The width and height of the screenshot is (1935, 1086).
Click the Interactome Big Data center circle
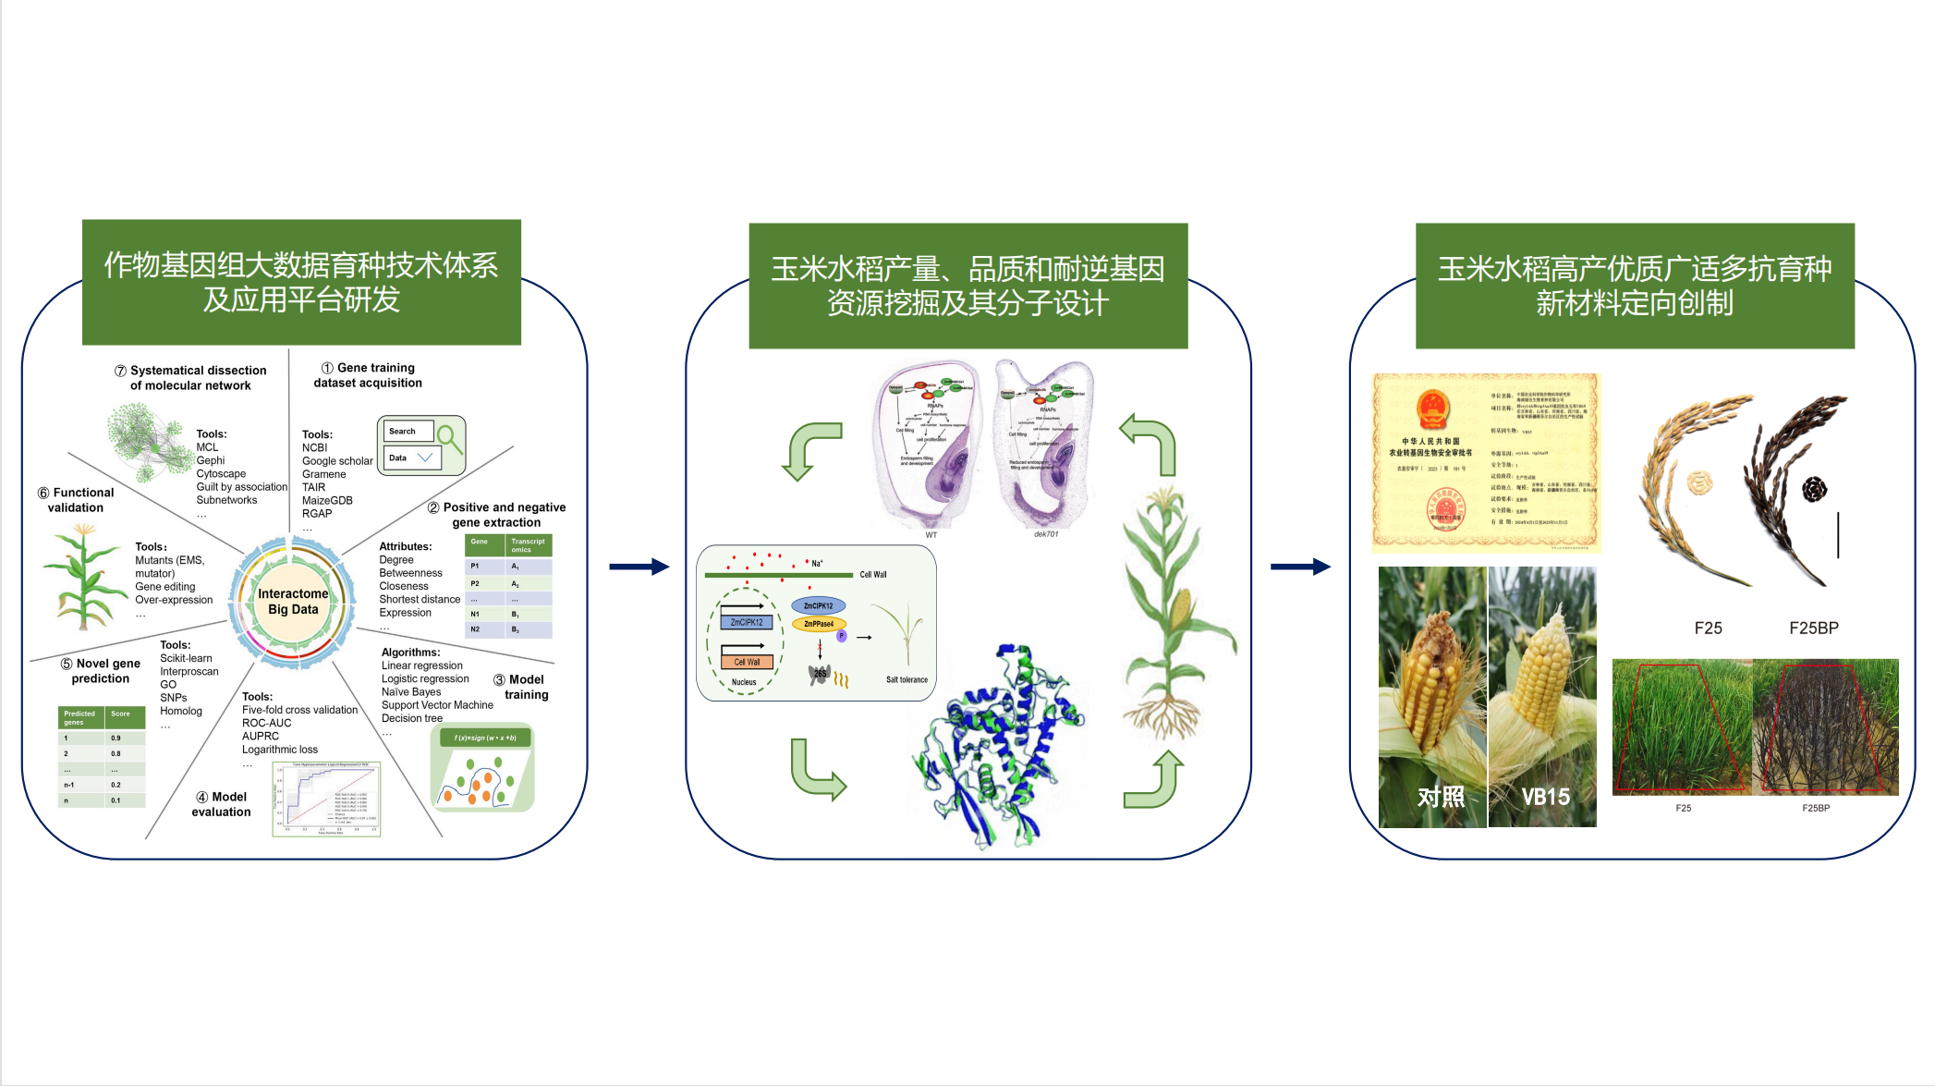pos(292,602)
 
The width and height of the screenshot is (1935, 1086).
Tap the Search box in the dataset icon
pos(408,432)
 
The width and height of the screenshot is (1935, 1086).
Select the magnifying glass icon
pos(449,437)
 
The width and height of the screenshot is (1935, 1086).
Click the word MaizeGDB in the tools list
pos(327,500)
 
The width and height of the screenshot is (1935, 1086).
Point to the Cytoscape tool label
pos(221,473)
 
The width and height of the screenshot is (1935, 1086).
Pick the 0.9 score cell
pos(116,738)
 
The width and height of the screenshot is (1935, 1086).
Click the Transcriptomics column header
pos(528,545)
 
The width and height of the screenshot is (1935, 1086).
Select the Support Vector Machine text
pos(437,705)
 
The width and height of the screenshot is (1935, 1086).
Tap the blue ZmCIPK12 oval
pos(818,605)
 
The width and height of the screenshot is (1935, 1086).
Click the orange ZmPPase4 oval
pos(819,624)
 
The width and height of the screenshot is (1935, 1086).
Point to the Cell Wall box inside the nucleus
pos(747,662)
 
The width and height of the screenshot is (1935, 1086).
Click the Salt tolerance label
pos(907,679)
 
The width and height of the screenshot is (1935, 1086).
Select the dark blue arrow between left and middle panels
pos(639,567)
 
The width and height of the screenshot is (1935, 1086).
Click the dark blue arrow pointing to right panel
pos(1300,567)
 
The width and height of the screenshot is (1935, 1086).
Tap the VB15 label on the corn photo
pos(1545,796)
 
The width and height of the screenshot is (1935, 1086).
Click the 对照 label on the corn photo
pos(1441,796)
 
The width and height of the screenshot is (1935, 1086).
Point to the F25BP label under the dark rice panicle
pos(1813,628)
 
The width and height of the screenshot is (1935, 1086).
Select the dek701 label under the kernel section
pos(1045,534)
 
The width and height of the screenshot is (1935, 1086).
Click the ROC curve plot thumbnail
pos(326,799)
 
